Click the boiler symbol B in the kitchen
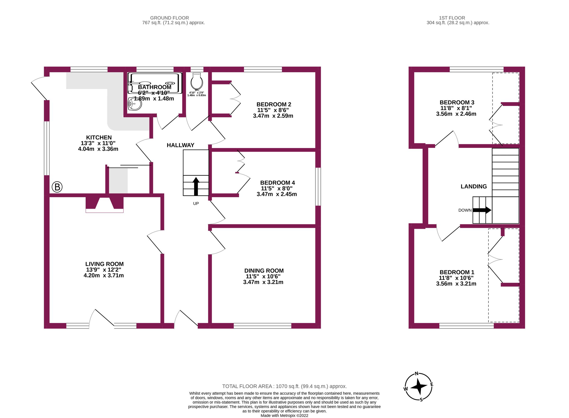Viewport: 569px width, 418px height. (57, 187)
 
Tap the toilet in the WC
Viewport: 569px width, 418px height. (197, 81)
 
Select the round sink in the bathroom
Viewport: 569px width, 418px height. (135, 104)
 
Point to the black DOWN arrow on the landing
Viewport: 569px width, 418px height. (482, 210)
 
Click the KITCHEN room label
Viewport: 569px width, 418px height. (99, 137)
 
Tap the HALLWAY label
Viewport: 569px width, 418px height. (180, 145)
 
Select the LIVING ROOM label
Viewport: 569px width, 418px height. (104, 264)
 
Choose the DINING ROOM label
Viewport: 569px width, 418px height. (264, 271)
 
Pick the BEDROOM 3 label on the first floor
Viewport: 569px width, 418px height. (457, 102)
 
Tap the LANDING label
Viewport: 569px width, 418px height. (473, 187)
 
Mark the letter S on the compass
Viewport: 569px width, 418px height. (421, 400)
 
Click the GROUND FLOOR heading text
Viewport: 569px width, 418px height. (169, 18)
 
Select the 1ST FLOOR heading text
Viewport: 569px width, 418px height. (452, 18)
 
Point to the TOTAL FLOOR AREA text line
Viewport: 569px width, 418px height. (284, 386)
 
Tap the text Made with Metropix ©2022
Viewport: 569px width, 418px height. (284, 415)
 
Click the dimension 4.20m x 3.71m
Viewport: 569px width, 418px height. (104, 275)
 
